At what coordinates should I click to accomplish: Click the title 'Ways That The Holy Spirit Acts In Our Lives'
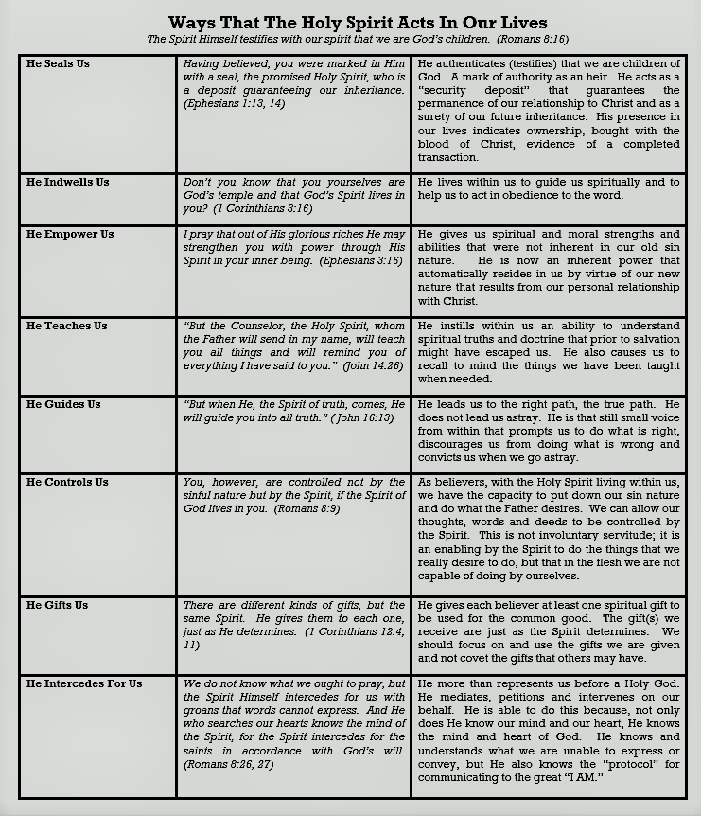tap(358, 23)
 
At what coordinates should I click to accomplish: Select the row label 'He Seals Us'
tap(58, 63)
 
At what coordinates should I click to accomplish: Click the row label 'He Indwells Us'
tap(67, 182)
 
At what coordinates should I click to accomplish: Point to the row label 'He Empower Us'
tap(70, 234)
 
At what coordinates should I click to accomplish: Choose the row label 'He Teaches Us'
tap(67, 326)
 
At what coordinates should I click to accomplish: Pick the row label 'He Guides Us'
tap(63, 404)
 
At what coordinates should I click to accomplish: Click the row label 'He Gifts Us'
tap(58, 605)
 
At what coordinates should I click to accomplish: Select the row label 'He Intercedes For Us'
tap(84, 683)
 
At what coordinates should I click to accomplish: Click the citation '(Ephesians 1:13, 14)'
tap(234, 103)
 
